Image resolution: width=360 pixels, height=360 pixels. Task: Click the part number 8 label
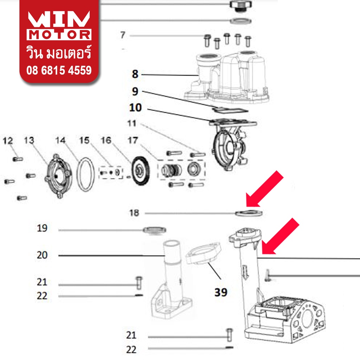(135, 74)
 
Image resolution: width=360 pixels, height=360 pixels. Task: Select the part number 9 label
(135, 91)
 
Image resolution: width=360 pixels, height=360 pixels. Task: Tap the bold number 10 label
(135, 108)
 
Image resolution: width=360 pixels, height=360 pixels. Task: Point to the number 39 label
(221, 292)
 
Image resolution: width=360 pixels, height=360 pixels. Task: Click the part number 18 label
(134, 213)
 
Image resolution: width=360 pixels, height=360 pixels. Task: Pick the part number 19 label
(42, 228)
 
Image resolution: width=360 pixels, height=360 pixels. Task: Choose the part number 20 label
(42, 255)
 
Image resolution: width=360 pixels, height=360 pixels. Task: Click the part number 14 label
(60, 140)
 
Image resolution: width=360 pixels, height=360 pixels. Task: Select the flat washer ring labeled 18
(249, 213)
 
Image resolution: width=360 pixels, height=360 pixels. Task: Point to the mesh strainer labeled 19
(154, 230)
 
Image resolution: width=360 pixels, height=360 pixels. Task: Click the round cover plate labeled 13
(58, 176)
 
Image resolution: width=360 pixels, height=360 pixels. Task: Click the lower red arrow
(280, 236)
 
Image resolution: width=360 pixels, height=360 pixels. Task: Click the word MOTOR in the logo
(59, 35)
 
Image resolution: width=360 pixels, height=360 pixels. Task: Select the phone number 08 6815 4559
(59, 70)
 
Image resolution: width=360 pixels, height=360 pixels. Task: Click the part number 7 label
(123, 35)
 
